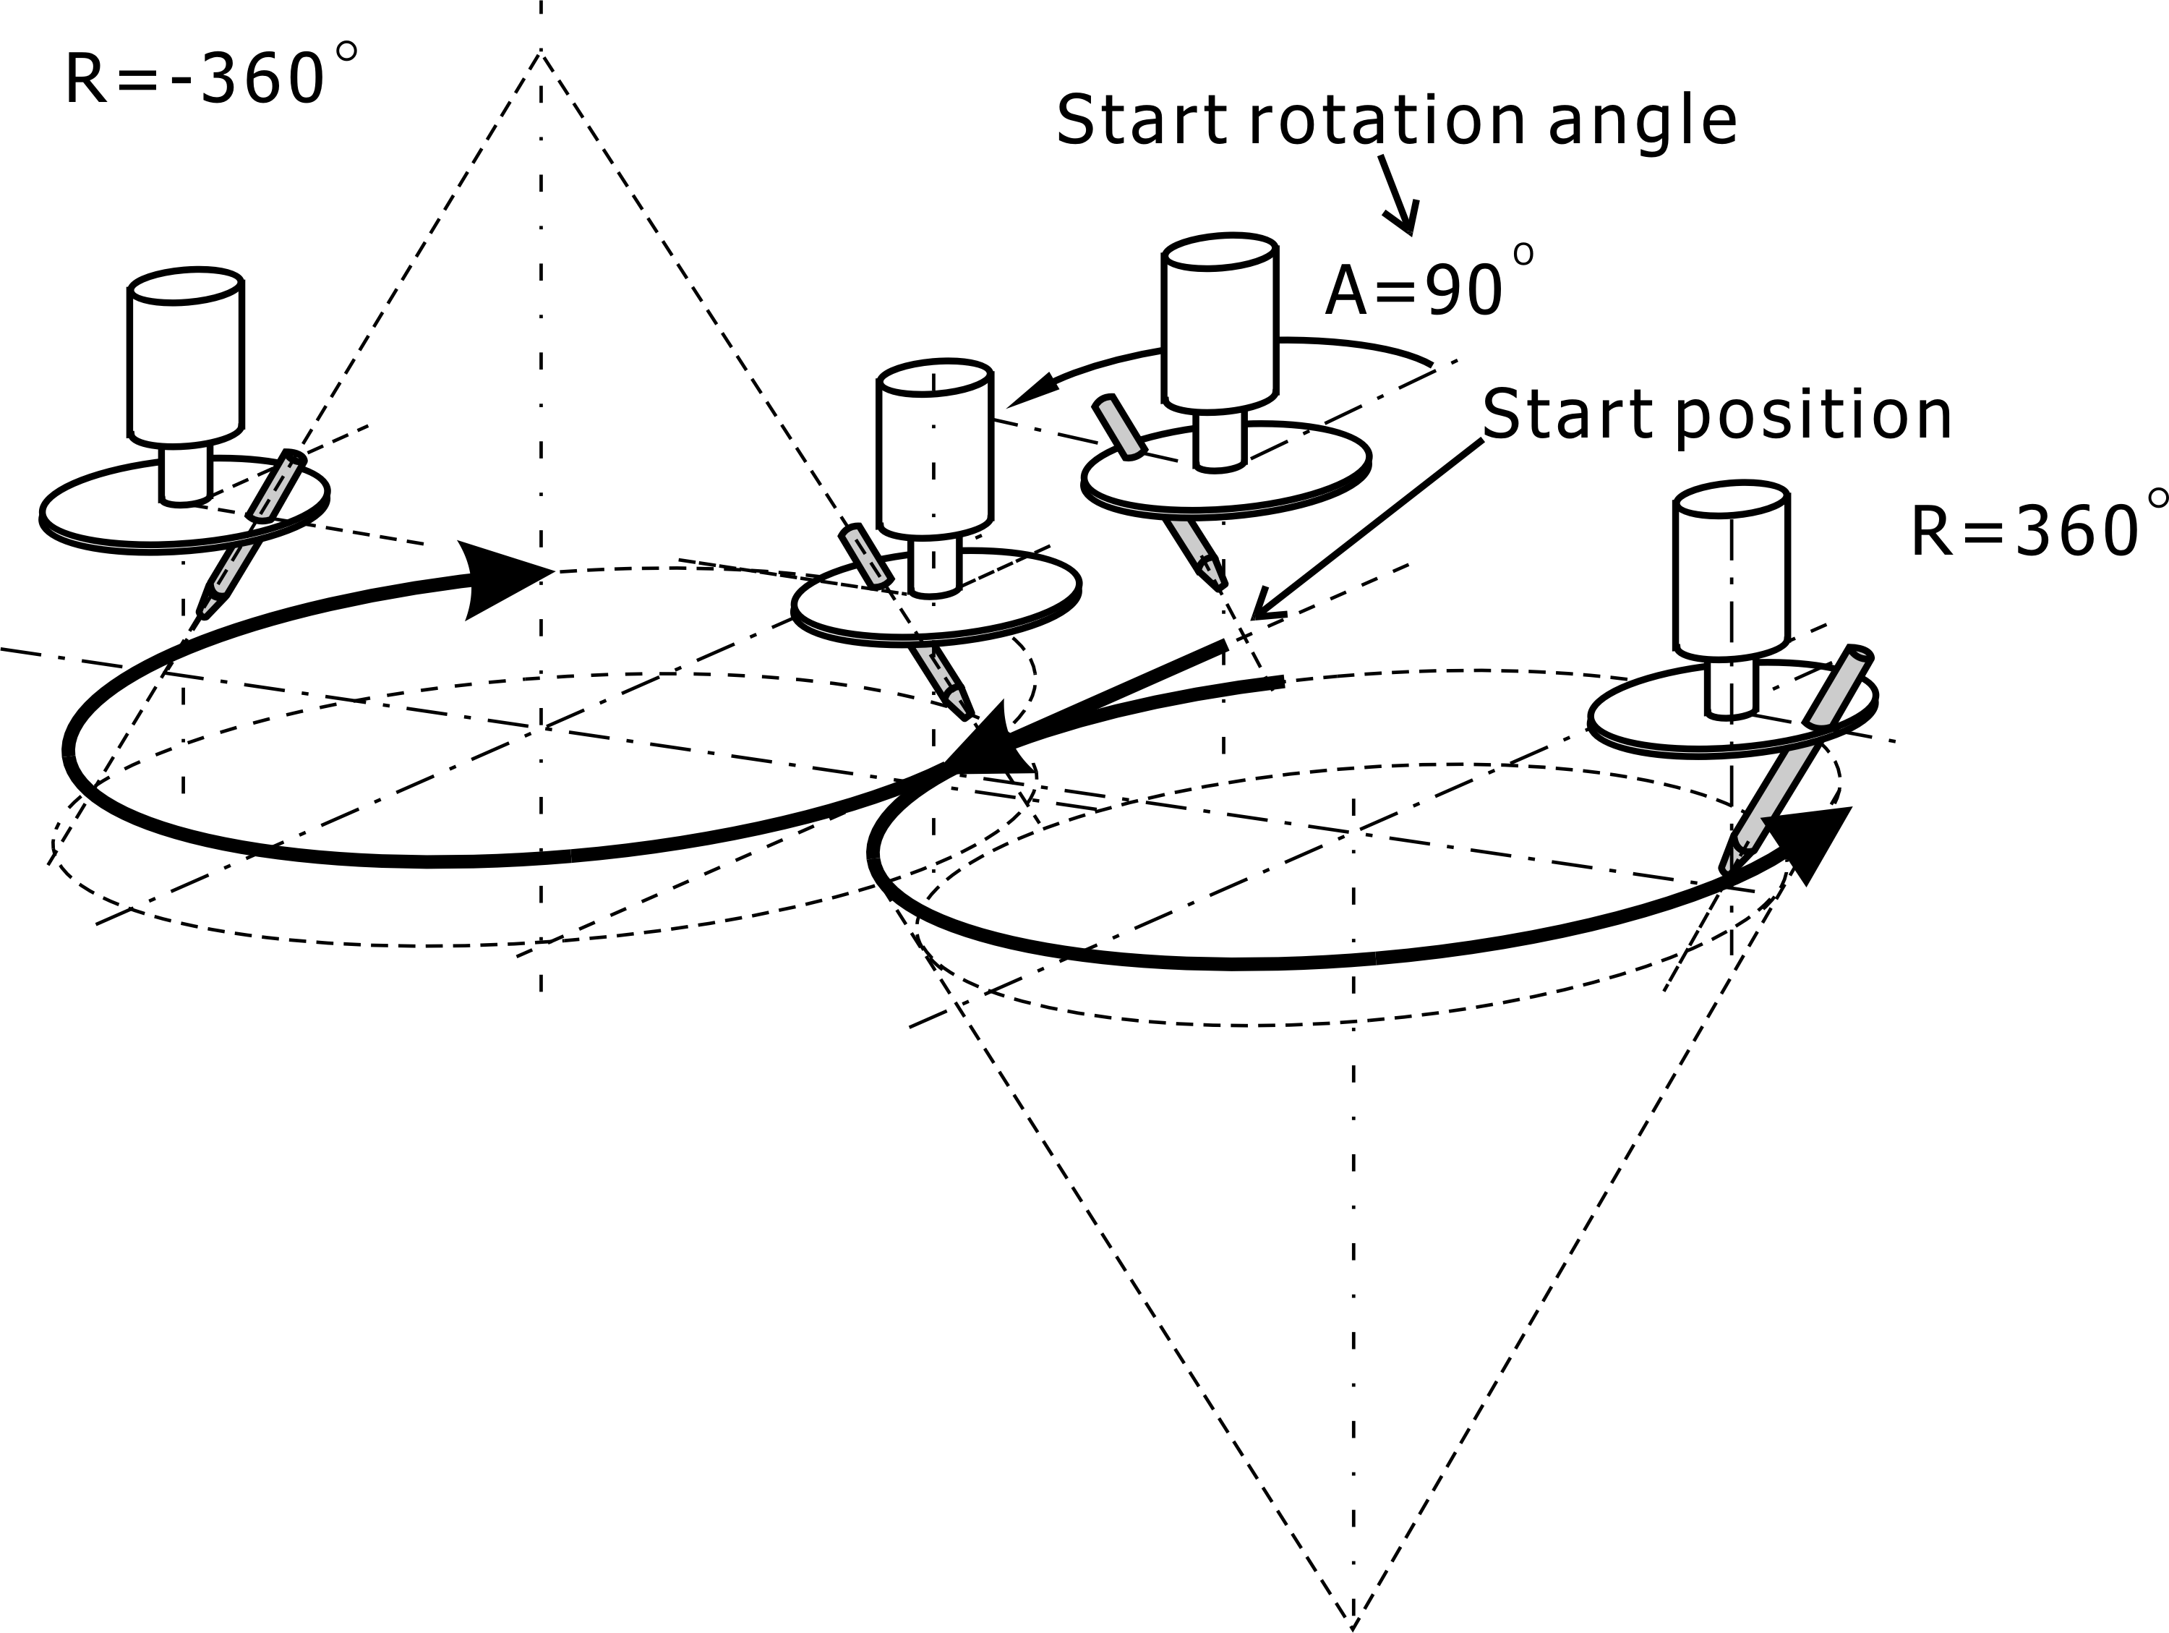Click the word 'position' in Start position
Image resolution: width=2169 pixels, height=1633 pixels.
[x=1813, y=416]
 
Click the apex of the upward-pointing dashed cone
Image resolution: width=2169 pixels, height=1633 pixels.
[x=540, y=54]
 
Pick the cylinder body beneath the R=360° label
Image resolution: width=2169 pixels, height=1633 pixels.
[x=1732, y=574]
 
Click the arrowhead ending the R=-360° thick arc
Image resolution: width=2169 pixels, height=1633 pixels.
[x=500, y=579]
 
